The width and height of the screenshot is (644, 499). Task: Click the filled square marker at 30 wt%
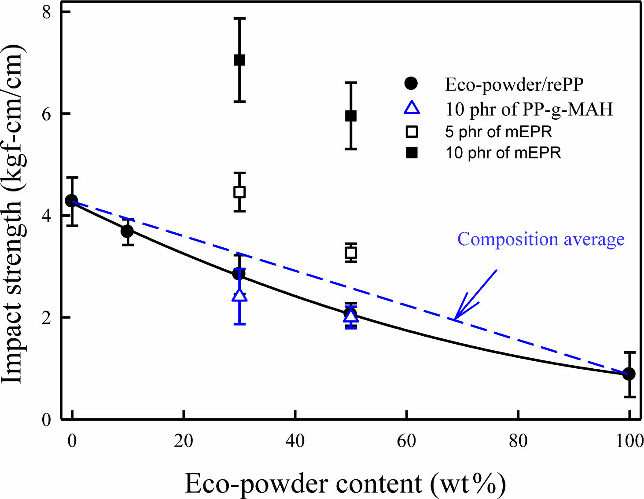pyautogui.click(x=239, y=60)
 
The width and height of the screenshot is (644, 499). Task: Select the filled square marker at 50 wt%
pyautogui.click(x=351, y=116)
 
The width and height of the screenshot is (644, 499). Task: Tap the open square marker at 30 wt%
pyautogui.click(x=239, y=192)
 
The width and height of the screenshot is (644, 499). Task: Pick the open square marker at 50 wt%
pyautogui.click(x=351, y=253)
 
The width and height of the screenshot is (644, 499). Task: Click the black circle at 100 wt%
pyautogui.click(x=629, y=374)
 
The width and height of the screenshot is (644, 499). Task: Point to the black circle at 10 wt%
pyautogui.click(x=127, y=231)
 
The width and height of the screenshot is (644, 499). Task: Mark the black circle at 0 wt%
pyautogui.click(x=72, y=201)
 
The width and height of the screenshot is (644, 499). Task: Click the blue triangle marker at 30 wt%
pyautogui.click(x=239, y=295)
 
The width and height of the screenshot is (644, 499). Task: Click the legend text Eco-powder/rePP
pyautogui.click(x=514, y=84)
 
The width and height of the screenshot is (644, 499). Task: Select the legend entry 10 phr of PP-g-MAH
pyautogui.click(x=529, y=109)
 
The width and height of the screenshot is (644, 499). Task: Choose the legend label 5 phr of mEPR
pyautogui.click(x=498, y=132)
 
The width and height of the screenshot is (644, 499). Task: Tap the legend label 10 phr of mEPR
pyautogui.click(x=503, y=153)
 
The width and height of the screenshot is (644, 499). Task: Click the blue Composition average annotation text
pyautogui.click(x=541, y=239)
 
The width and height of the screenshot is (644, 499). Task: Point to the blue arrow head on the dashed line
pyautogui.click(x=456, y=317)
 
